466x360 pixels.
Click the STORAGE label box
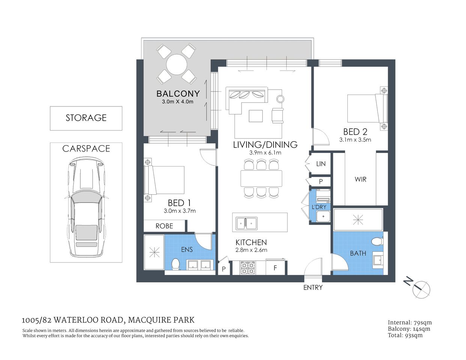pyautogui.click(x=86, y=118)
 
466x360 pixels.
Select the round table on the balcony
pyautogui.click(x=177, y=64)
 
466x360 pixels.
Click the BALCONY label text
pyautogui.click(x=178, y=93)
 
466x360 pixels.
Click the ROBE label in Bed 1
pyautogui.click(x=164, y=226)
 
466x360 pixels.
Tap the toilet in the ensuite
pyautogui.click(x=175, y=264)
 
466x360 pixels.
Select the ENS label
pyautogui.click(x=187, y=249)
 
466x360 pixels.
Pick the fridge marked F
pyautogui.click(x=275, y=268)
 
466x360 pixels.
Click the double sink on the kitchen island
pyautogui.click(x=246, y=223)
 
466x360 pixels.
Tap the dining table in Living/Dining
pyautogui.click(x=262, y=178)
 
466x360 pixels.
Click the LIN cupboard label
pyautogui.click(x=321, y=164)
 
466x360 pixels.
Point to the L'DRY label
pyautogui.click(x=319, y=207)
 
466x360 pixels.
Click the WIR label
pyautogui.click(x=360, y=179)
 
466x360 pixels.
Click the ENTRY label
pyautogui.click(x=313, y=288)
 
